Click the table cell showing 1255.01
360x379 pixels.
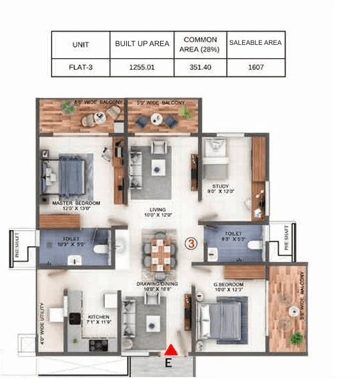pos(142,66)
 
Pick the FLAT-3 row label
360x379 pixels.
pos(81,66)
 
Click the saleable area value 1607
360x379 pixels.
pos(256,66)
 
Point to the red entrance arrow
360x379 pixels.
pos(171,350)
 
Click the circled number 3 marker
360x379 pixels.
pos(190,244)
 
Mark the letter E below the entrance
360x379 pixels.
pos(168,364)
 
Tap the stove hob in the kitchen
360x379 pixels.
pos(98,344)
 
